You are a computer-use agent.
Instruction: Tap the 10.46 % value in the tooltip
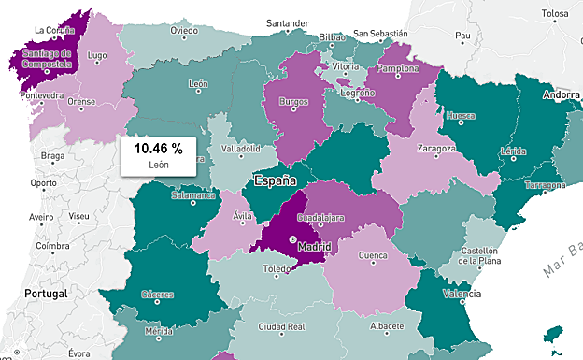[x=158, y=148]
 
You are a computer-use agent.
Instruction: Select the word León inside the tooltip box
[x=158, y=165]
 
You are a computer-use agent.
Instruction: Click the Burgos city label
[x=293, y=100]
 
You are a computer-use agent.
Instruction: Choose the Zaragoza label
[x=435, y=148]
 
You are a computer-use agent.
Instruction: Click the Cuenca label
[x=373, y=254]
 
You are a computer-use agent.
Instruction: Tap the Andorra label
[x=562, y=94]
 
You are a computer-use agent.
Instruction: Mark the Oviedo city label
[x=184, y=30]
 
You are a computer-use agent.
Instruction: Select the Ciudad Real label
[x=283, y=327]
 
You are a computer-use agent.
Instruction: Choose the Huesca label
[x=461, y=117]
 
